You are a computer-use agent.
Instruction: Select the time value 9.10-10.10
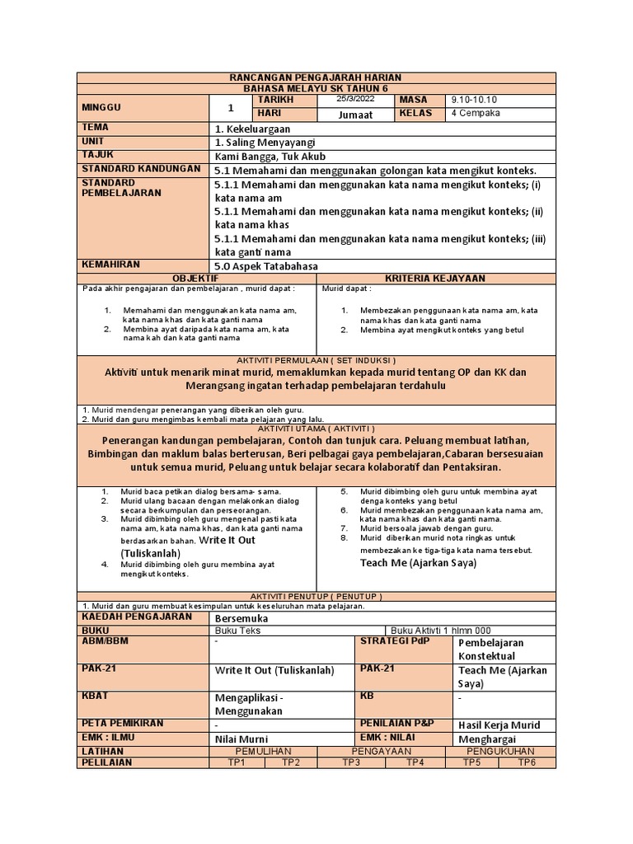475,100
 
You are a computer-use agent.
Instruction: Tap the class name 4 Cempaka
473,114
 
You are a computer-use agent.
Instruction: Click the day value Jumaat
355,115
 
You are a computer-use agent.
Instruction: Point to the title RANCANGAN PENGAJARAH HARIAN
316,77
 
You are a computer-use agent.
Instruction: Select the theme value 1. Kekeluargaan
252,129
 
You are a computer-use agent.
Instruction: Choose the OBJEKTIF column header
198,279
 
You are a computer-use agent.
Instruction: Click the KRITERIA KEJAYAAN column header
437,279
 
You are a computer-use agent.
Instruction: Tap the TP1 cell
237,763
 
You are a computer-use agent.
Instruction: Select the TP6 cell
527,763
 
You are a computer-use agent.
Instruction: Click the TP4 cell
415,763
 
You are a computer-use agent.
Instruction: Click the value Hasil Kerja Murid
499,724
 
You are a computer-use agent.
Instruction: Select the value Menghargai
486,738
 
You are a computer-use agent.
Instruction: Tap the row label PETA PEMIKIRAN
122,723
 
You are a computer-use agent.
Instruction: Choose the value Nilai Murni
241,739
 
